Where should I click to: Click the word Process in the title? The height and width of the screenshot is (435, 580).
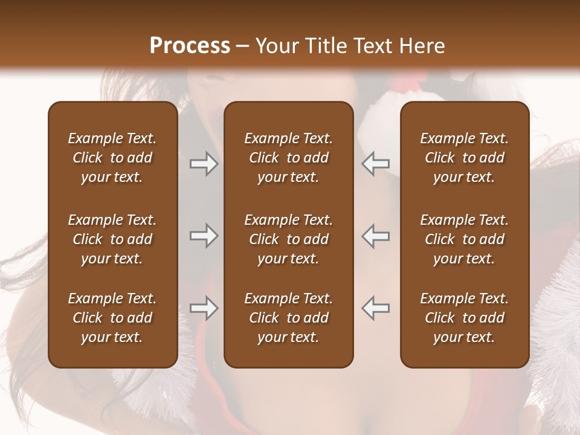[190, 46]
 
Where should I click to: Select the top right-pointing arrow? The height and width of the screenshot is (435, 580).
[204, 164]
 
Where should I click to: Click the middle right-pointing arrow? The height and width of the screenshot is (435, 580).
[204, 236]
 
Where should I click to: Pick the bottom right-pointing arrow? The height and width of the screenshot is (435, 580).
[204, 308]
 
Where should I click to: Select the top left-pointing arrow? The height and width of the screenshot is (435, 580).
[376, 164]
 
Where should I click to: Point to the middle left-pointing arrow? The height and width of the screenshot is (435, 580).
[376, 236]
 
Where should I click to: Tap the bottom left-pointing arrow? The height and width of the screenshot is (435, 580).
[376, 308]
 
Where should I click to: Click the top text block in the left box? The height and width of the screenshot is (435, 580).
[112, 158]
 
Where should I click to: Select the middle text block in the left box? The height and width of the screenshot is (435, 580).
[112, 239]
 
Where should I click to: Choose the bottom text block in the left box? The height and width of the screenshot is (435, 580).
[112, 318]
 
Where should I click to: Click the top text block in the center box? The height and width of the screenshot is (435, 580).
[289, 158]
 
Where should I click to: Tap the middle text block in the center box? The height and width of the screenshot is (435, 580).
[289, 239]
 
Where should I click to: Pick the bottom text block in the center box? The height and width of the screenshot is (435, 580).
[289, 318]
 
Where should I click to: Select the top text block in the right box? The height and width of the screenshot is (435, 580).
[465, 158]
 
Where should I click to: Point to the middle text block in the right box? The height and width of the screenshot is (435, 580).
[465, 239]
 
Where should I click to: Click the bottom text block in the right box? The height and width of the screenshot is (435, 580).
[465, 318]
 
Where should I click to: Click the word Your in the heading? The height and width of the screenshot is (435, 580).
[274, 46]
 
